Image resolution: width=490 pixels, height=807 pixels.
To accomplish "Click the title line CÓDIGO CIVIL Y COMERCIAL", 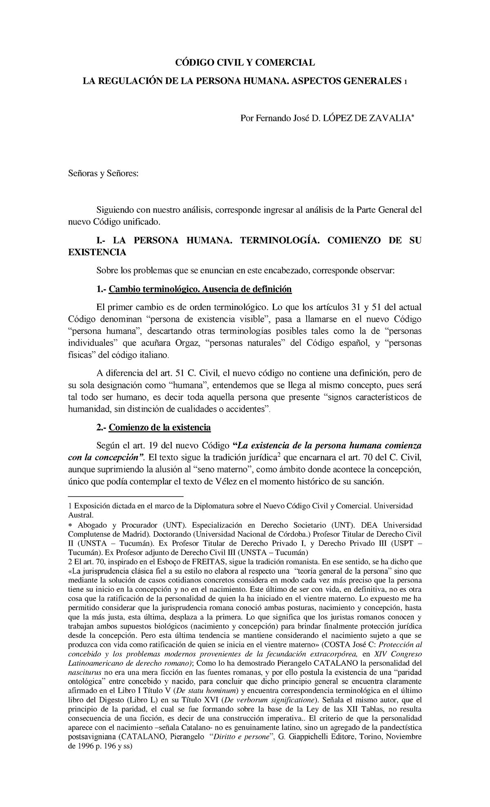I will pos(245,63).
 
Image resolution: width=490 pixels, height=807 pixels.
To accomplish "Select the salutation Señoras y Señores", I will pos(103,174).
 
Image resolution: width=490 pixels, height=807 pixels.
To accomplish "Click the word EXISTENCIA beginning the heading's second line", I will pos(97,252).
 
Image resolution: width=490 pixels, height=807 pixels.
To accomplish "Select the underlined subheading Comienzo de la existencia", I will pos(160,428).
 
